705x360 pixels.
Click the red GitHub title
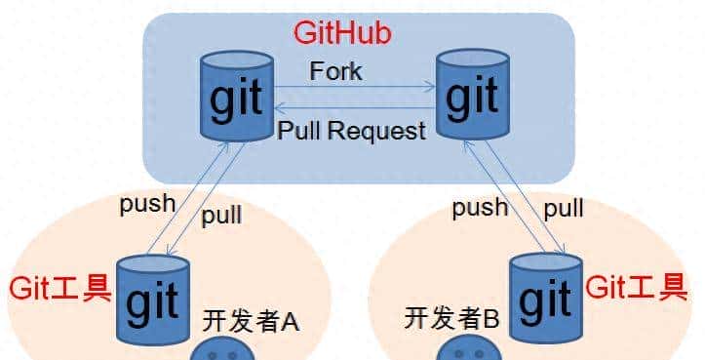342,34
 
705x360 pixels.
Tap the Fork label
335,71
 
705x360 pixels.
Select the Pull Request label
352,130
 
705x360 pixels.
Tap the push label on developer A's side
147,204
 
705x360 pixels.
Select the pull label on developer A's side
221,216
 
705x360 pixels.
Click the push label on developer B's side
479,207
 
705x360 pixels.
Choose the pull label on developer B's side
563,207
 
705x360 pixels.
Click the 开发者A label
250,319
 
